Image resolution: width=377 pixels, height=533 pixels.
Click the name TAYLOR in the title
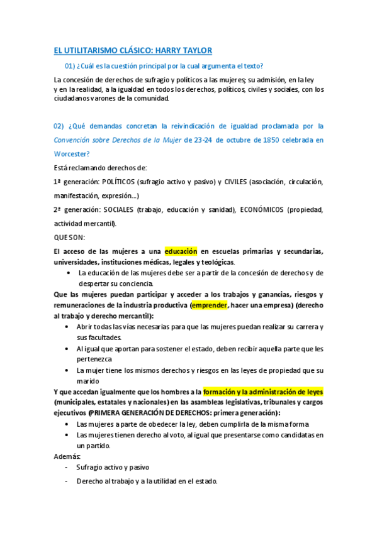coord(196,50)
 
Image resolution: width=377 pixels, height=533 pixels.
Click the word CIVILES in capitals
coord(232,182)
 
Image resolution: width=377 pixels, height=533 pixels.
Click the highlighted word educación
coord(181,251)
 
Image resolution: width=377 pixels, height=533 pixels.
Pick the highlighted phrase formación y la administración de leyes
coord(263,392)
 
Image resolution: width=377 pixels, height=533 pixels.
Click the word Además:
coord(67,456)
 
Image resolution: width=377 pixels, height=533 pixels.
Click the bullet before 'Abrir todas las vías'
coord(68,327)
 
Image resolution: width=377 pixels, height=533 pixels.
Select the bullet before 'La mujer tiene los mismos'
coord(68,370)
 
